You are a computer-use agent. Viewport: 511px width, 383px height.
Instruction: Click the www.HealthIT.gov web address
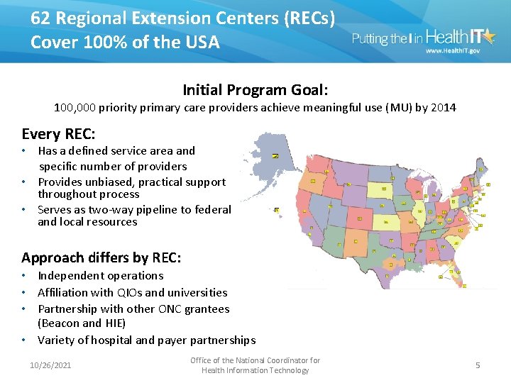point(453,52)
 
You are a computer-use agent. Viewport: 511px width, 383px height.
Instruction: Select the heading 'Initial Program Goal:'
point(255,90)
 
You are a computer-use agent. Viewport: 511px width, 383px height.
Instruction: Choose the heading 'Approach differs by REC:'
point(101,257)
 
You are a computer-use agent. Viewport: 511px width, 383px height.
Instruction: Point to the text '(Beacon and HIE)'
point(82,323)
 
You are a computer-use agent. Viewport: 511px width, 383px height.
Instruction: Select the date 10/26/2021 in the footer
point(51,365)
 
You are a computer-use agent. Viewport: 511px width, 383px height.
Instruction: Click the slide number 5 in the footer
point(478,365)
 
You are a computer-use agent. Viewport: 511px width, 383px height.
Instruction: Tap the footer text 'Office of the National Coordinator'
point(255,360)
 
